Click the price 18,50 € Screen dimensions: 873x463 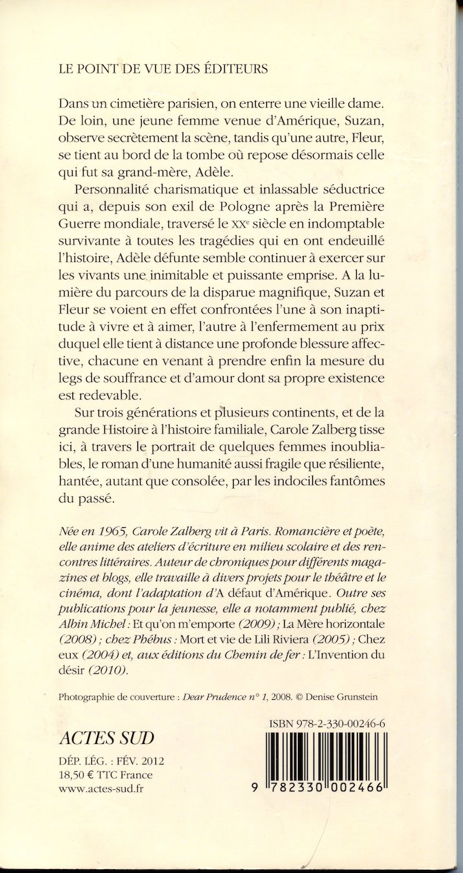click(x=77, y=774)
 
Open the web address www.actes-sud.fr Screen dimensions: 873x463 click(x=101, y=789)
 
